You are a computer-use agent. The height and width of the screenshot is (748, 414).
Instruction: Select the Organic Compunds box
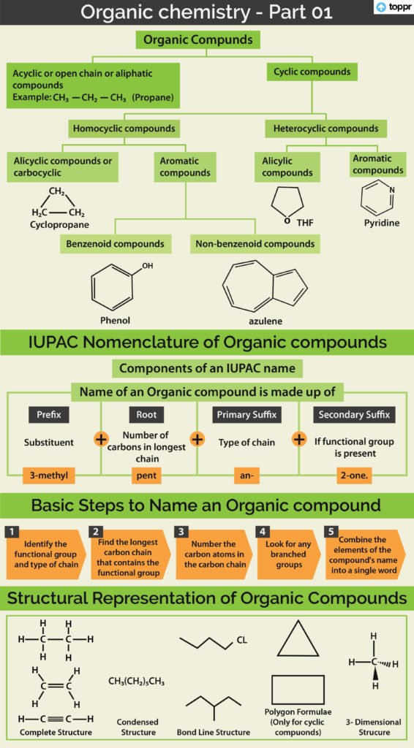pyautogui.click(x=198, y=39)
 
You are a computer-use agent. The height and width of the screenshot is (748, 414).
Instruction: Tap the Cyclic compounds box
pyautogui.click(x=312, y=72)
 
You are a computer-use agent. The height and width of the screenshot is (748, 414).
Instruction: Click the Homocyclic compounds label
pyautogui.click(x=124, y=129)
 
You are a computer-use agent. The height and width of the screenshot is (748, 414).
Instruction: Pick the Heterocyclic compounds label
pyautogui.click(x=325, y=129)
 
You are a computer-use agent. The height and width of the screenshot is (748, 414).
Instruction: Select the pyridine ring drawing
pyautogui.click(x=378, y=196)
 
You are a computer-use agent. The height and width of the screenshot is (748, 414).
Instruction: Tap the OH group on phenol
pyautogui.click(x=147, y=266)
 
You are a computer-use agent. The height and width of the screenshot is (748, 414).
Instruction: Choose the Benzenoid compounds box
pyautogui.click(x=115, y=244)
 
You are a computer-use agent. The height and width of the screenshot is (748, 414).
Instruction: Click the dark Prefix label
pyautogui.click(x=49, y=415)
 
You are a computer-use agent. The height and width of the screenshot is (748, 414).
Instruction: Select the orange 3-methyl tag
pyautogui.click(x=49, y=476)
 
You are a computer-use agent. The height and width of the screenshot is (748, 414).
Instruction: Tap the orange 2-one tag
pyautogui.click(x=354, y=476)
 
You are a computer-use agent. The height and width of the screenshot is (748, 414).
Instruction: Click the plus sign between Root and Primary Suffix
pyautogui.click(x=197, y=439)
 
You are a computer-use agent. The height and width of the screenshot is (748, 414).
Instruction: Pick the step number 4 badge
pyautogui.click(x=263, y=531)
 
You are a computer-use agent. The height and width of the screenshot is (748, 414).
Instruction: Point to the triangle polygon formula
pyautogui.click(x=298, y=638)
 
